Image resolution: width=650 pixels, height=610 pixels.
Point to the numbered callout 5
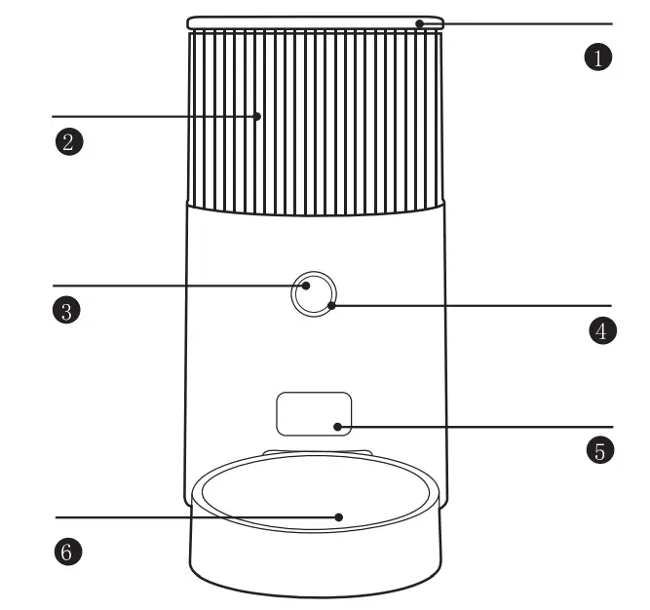(x=601, y=450)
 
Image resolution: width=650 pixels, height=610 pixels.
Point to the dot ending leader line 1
(x=419, y=22)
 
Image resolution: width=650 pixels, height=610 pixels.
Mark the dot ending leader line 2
(x=258, y=116)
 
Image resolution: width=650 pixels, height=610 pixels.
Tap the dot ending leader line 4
(x=333, y=305)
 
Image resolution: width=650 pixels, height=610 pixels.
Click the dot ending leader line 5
(x=337, y=427)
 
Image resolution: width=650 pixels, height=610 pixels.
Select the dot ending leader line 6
(x=338, y=516)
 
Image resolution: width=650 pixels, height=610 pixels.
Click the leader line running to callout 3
(x=175, y=286)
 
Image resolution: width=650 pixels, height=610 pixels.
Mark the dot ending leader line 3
(x=306, y=286)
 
